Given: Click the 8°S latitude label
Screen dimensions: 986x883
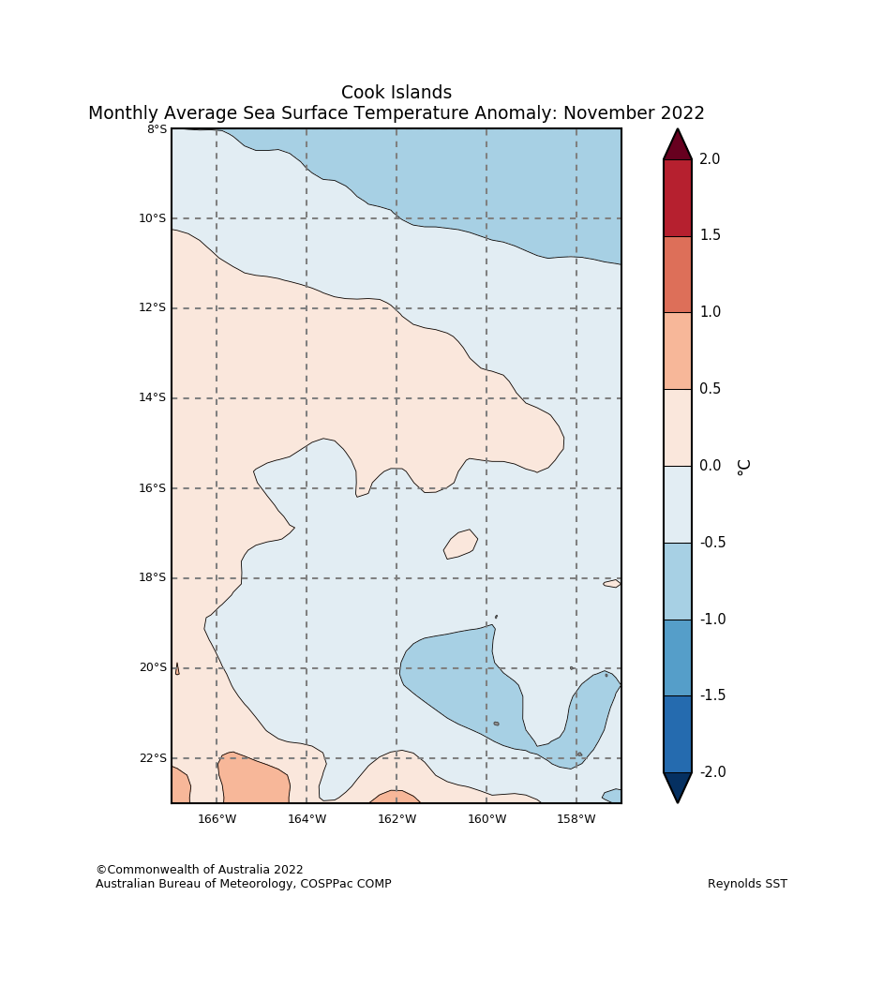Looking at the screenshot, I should (157, 129).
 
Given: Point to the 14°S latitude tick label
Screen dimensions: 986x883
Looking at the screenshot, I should (153, 398).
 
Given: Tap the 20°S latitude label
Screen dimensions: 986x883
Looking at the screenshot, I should (153, 668).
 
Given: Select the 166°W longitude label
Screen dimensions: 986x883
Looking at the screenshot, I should (217, 819).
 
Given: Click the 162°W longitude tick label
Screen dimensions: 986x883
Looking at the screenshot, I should (397, 819).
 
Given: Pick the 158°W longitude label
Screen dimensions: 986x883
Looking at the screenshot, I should (576, 819).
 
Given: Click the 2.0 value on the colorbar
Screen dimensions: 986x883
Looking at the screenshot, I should (710, 160).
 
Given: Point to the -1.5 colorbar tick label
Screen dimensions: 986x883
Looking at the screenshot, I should (711, 695).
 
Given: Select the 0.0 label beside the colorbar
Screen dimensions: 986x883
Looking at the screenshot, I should (710, 467).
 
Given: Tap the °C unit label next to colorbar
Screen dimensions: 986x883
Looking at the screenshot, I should (743, 467).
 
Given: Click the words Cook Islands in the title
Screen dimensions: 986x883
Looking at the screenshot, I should (397, 93).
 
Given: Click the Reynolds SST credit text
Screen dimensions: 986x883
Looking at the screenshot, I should (747, 884).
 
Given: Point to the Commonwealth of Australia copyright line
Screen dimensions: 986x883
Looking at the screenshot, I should (200, 870).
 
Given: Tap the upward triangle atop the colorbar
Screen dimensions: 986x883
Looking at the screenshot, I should (678, 146).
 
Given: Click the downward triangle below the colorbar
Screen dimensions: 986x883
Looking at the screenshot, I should (678, 786).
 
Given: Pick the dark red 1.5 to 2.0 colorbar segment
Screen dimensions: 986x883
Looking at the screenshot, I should (678, 198).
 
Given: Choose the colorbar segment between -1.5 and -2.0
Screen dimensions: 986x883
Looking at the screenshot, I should (678, 734).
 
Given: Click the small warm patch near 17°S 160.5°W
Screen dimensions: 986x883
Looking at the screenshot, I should (460, 545).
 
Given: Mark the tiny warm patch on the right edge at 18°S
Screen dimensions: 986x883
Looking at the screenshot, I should (612, 584).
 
